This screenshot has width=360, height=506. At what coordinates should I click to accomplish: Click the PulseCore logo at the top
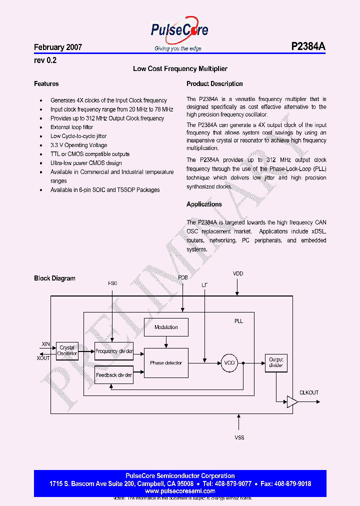(x=179, y=31)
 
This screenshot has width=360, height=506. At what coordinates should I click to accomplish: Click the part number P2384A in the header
(x=308, y=47)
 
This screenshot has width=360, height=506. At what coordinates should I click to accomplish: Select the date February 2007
(x=58, y=47)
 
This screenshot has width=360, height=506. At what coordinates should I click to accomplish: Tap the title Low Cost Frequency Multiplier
(x=180, y=69)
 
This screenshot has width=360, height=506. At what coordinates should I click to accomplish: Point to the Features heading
(x=46, y=84)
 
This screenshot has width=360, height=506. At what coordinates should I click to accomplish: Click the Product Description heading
(x=214, y=84)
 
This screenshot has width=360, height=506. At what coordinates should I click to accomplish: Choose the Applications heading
(x=204, y=204)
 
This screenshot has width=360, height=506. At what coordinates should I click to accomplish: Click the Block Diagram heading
(x=54, y=278)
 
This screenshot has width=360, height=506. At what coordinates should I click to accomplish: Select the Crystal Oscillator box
(x=67, y=350)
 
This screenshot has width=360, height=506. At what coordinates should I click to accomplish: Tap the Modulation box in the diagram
(x=166, y=327)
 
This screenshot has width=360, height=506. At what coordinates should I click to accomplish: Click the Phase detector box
(x=166, y=363)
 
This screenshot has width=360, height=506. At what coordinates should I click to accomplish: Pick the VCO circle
(x=229, y=363)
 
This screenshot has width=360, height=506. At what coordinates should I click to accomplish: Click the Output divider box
(x=276, y=362)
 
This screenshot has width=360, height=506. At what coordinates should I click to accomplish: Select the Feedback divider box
(x=114, y=374)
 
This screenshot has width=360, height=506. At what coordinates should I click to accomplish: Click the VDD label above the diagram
(x=238, y=274)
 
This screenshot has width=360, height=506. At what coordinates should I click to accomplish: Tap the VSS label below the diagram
(x=239, y=437)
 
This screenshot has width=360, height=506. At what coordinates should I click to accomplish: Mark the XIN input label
(x=45, y=344)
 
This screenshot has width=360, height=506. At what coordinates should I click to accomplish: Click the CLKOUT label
(x=309, y=393)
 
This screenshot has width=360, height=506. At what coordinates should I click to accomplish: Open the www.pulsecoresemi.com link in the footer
(x=180, y=491)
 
